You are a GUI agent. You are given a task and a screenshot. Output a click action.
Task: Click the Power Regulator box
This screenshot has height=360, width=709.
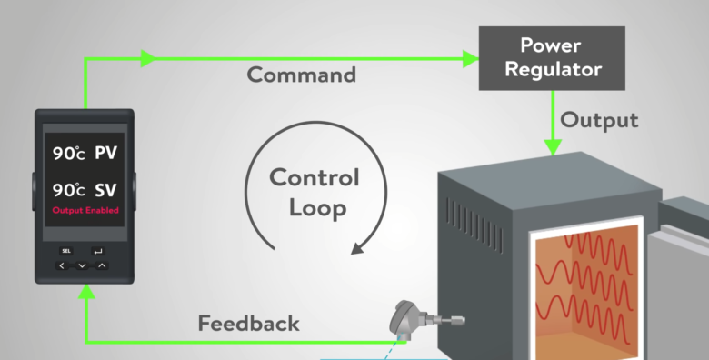pyautogui.click(x=552, y=57)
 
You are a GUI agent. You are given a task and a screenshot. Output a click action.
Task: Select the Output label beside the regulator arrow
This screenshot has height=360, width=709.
pyautogui.click(x=599, y=120)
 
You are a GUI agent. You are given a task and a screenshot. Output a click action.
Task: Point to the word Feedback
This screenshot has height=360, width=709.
pyautogui.click(x=248, y=323)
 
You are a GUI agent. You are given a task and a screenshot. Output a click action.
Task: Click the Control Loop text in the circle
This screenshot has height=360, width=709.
pyautogui.click(x=315, y=193)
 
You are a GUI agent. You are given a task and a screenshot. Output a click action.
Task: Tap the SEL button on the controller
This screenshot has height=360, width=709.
pyautogui.click(x=66, y=250)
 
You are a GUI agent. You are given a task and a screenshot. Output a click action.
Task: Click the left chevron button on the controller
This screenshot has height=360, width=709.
pyautogui.click(x=62, y=265)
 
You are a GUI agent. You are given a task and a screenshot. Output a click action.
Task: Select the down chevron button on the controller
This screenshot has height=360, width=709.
pyautogui.click(x=82, y=265)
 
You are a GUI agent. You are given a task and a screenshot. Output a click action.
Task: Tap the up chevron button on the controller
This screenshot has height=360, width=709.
pyautogui.click(x=102, y=265)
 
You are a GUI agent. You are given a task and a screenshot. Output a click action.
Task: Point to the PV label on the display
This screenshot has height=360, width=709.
pyautogui.click(x=106, y=154)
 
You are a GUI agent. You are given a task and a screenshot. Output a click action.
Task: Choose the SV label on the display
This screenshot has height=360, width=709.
pyautogui.click(x=106, y=191)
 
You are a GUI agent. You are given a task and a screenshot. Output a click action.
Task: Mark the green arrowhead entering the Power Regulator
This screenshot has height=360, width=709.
pyautogui.click(x=470, y=59)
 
